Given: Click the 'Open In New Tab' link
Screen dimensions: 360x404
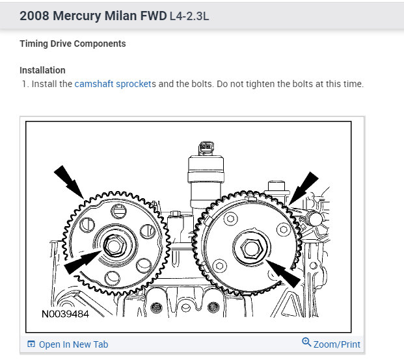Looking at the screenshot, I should coord(73,344).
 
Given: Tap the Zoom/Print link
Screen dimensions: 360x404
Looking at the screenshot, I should coord(336,344).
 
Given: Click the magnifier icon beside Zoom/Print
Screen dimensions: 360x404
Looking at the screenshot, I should coord(306,343).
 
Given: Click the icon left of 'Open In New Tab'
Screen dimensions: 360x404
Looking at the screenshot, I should coord(31,344).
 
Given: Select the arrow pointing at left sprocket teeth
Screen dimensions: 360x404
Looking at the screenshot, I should coord(68,181).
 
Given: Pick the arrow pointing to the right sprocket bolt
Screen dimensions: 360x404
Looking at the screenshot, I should coord(284,271).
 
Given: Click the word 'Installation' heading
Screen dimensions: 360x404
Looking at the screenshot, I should coord(42,70).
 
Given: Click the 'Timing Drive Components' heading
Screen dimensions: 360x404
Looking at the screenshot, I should coord(72,44).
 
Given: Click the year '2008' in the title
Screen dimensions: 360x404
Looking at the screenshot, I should coord(34,15).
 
